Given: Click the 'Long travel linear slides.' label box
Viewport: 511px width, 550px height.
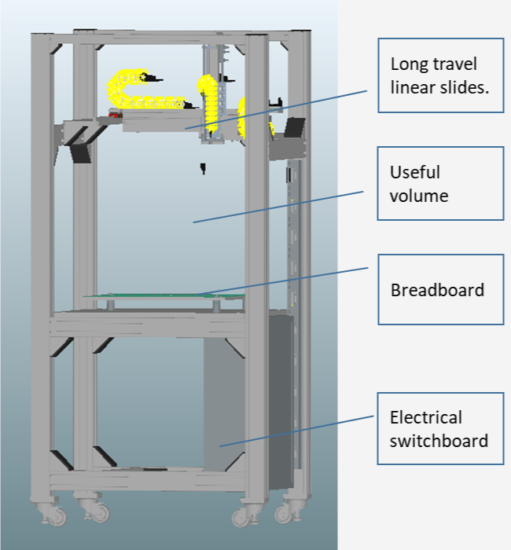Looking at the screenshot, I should tap(440, 75).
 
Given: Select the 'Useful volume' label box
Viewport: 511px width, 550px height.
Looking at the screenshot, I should tap(440, 183).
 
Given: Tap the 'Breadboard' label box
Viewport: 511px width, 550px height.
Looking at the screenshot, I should tap(440, 288).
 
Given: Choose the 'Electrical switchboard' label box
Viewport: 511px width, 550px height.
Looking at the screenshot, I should tap(440, 429).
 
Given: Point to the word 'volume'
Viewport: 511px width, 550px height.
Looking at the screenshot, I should tap(419, 195).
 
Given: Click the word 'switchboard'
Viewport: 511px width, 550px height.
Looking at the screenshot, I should tap(439, 440).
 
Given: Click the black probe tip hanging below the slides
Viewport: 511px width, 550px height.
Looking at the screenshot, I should tap(202, 167).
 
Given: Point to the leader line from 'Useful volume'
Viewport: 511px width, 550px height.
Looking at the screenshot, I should tap(279, 206).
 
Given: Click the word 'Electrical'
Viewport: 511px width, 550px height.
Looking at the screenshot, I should tap(426, 417).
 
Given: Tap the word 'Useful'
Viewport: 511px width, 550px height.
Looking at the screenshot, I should tap(415, 172).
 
